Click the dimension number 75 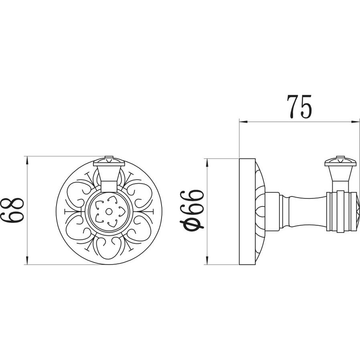[299, 107]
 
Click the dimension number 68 [12, 210]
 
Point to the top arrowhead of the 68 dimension [27, 160]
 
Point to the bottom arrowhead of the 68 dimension [27, 261]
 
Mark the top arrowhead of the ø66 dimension [207, 162]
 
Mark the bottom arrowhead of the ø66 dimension [207, 261]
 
